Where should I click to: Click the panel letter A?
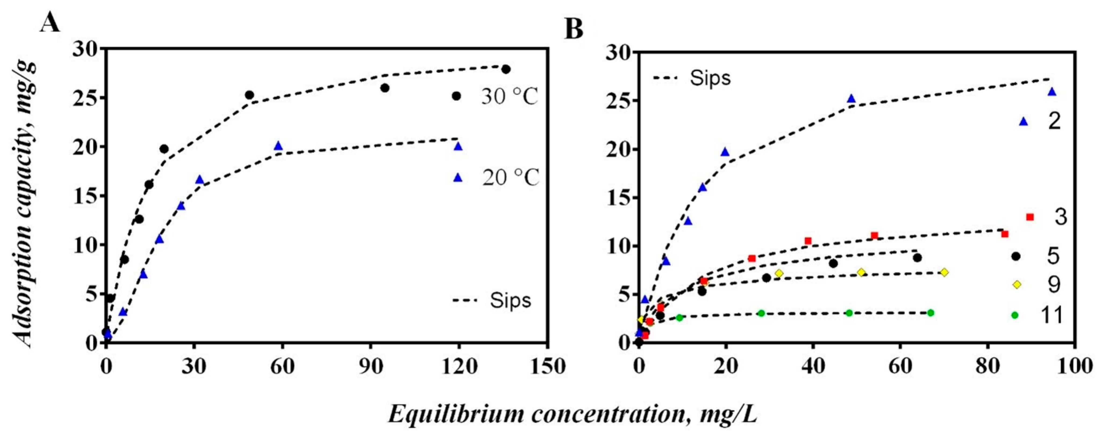point(50,23)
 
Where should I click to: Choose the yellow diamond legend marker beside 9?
point(1017,285)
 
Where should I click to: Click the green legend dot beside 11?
point(1015,315)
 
